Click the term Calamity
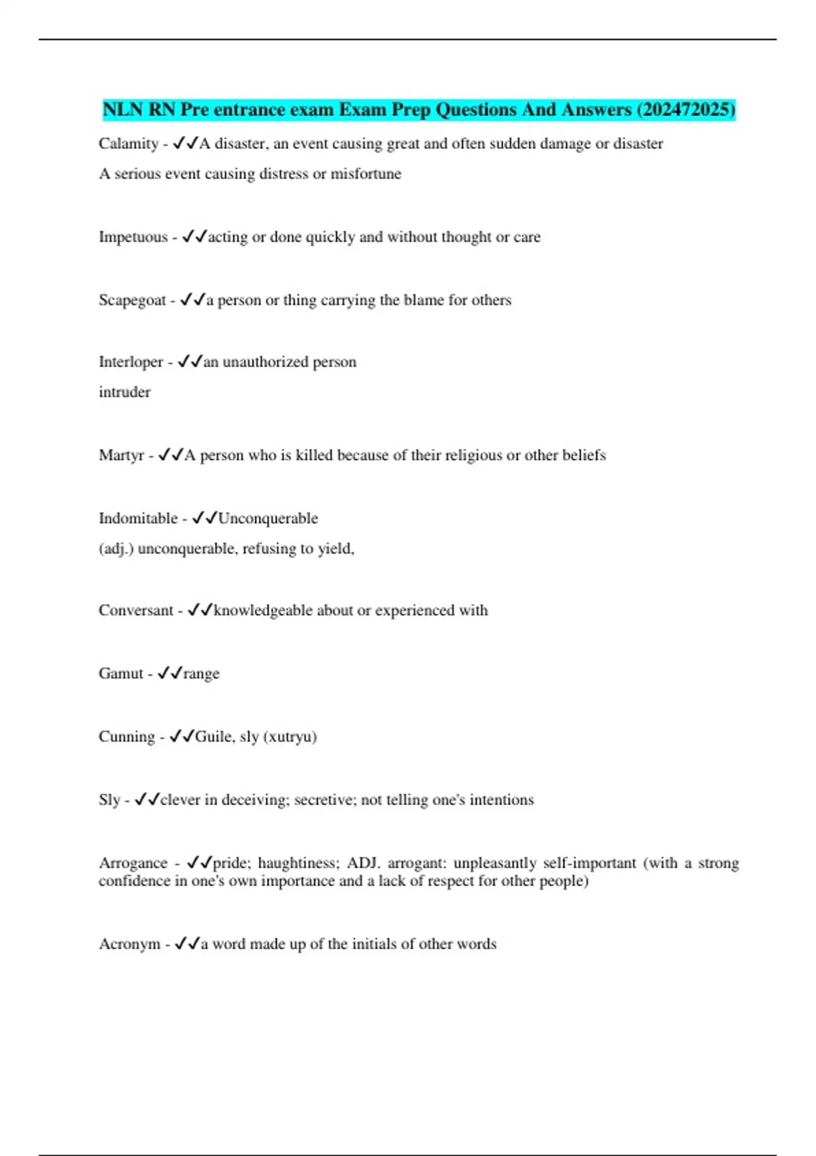(x=129, y=144)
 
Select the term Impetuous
(x=133, y=237)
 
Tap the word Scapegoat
(x=132, y=301)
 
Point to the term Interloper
(x=131, y=362)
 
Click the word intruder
(x=124, y=392)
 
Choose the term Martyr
(x=121, y=456)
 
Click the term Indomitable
(x=138, y=519)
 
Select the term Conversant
(x=136, y=611)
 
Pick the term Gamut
(x=121, y=674)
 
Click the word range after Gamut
(x=201, y=674)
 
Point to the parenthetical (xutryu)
(x=290, y=737)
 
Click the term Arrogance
(x=133, y=864)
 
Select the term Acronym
(x=129, y=945)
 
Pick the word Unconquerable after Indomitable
(x=268, y=519)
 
